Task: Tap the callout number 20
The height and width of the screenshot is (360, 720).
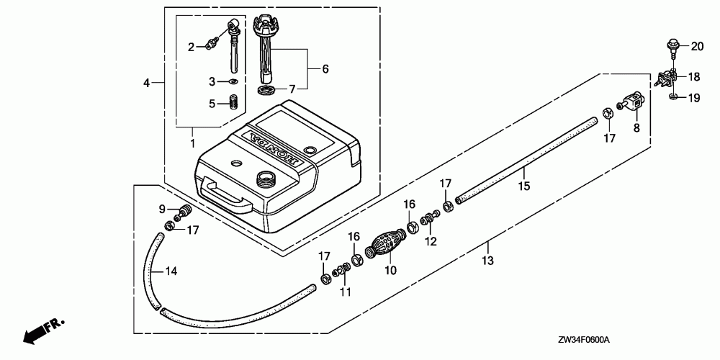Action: (696, 47)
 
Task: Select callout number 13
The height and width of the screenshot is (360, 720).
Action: (487, 261)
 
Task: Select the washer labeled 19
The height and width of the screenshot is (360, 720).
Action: (672, 96)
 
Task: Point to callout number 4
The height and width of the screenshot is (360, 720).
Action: (146, 84)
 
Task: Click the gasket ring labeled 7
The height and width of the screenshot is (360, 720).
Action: (265, 90)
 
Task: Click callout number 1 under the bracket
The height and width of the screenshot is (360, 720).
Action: (192, 143)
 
